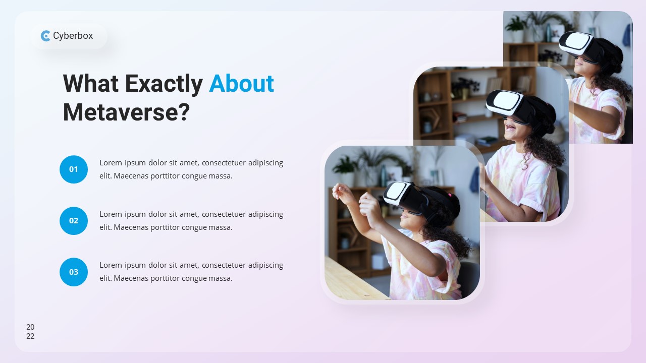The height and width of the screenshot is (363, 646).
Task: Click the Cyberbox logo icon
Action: [45, 36]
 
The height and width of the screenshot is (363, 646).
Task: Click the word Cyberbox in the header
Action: [73, 36]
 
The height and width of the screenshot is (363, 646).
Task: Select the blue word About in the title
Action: [241, 83]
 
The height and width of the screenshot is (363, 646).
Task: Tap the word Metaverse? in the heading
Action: [126, 112]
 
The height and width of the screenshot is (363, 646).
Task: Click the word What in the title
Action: [91, 83]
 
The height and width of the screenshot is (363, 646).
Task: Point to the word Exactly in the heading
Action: [164, 83]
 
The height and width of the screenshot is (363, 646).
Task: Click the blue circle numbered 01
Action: [74, 169]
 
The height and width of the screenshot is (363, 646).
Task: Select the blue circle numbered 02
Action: [74, 221]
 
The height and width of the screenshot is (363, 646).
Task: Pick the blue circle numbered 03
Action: [74, 272]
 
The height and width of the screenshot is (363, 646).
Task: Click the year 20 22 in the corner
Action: [30, 332]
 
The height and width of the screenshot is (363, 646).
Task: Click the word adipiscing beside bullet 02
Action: [265, 214]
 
